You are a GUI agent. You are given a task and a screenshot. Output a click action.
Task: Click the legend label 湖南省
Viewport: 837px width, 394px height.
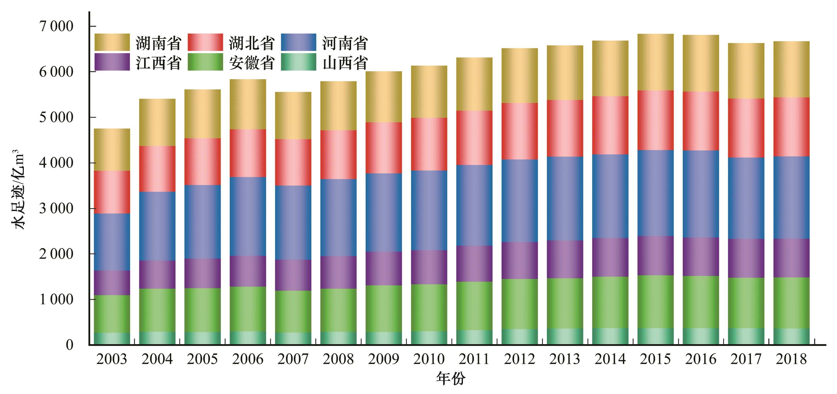coord(158,43)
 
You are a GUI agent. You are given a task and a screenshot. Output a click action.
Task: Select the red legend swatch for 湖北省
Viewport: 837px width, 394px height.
coord(205,43)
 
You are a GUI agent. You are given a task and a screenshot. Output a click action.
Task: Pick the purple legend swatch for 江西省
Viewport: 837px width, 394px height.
coord(112,62)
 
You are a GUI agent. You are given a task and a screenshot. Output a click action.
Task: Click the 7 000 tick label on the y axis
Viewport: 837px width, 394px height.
coord(56,26)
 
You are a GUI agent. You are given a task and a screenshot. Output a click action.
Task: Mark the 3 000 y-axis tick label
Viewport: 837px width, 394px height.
coord(56,209)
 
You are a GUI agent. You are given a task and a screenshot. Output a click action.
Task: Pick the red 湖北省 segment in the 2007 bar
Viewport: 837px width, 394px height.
coord(293,162)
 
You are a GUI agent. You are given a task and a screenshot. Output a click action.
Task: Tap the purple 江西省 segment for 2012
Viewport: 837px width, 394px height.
coord(520,260)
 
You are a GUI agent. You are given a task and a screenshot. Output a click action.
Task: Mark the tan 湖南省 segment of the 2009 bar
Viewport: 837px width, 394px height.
coord(384,97)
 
